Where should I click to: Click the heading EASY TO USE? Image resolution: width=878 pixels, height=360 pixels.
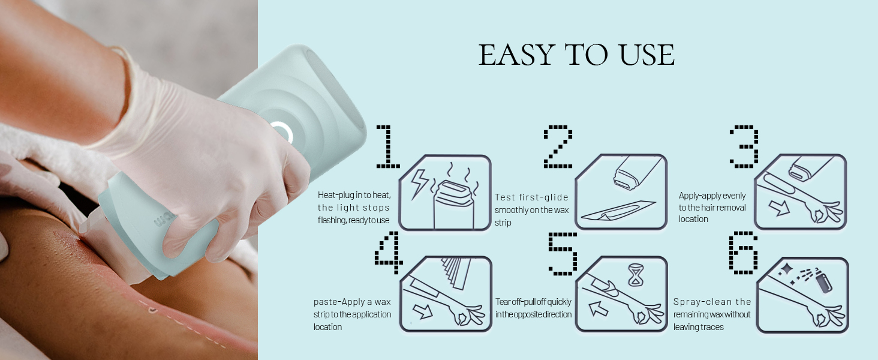click(576, 55)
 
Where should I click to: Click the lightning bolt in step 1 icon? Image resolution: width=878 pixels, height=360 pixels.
click(418, 184)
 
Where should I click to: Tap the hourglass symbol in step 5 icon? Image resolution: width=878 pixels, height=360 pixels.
click(634, 275)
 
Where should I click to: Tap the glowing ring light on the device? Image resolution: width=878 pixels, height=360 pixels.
click(281, 132)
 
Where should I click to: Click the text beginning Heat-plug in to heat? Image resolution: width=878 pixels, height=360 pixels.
click(354, 208)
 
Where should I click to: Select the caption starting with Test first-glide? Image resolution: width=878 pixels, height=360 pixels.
click(531, 209)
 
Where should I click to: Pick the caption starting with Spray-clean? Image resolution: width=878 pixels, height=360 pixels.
click(712, 314)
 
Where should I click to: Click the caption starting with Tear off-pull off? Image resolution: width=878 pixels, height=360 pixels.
click(533, 308)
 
